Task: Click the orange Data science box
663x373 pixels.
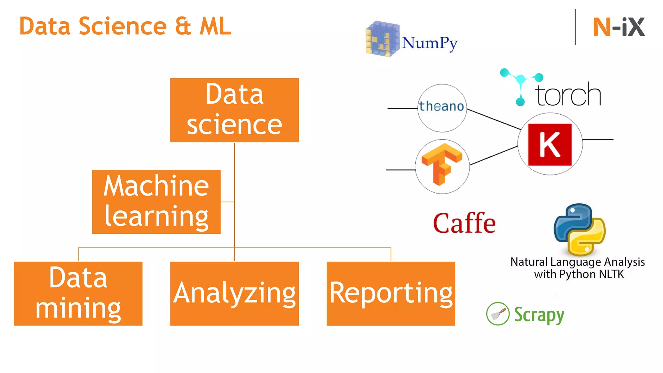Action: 234,110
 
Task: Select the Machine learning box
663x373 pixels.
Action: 156,202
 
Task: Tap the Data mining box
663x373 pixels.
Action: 78,293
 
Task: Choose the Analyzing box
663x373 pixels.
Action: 234,293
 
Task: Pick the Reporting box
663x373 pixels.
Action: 391,293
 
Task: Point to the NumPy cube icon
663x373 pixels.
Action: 382,39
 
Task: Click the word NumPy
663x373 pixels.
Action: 430,43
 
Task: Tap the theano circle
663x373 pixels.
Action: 442,108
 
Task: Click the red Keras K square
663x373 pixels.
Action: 550,144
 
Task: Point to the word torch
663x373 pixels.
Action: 568,95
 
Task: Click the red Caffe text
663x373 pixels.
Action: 464,223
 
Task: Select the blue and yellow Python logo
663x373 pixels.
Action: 579,229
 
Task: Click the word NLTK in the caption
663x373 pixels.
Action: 611,274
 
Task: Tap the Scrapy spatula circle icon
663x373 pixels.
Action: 498,313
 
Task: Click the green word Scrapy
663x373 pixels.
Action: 539,315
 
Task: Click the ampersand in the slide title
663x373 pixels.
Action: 183,26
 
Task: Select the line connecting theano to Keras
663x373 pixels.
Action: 494,119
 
